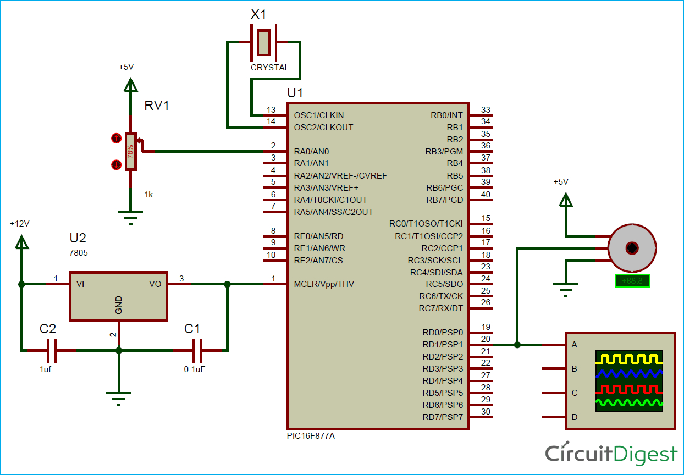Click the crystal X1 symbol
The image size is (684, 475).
(x=263, y=42)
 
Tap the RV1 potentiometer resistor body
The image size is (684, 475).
(x=130, y=152)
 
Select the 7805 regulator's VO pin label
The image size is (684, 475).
(x=155, y=284)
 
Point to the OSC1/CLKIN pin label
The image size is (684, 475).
(x=319, y=115)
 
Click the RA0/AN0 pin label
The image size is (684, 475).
(x=311, y=151)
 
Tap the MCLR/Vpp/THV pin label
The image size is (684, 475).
(x=324, y=284)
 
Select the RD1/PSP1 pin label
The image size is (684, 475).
(x=443, y=345)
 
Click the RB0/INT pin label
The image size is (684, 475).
(x=446, y=115)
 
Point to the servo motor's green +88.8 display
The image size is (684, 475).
(x=632, y=281)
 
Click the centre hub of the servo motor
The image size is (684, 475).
(x=632, y=248)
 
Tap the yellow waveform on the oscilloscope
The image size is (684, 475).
(x=629, y=359)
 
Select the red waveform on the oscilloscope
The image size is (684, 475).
(x=629, y=389)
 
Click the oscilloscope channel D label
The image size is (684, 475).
(x=575, y=417)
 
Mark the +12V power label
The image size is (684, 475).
(x=19, y=224)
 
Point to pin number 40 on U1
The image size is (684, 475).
(x=486, y=194)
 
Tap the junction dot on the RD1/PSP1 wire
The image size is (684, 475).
(x=517, y=345)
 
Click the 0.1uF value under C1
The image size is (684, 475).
(x=195, y=369)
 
